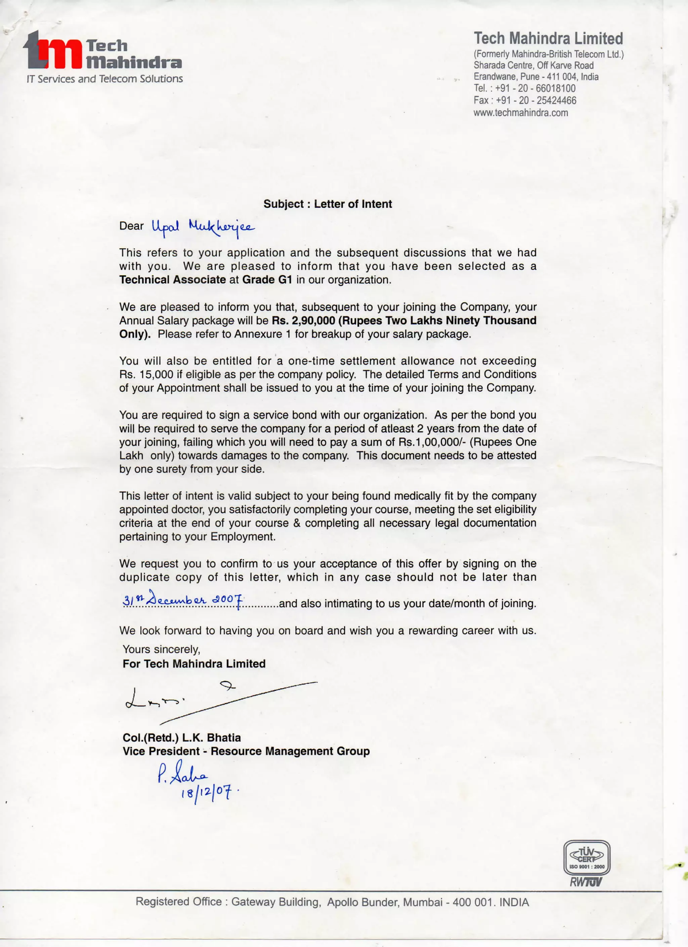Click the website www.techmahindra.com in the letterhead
[x=521, y=113]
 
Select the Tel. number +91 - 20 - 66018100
[x=535, y=88]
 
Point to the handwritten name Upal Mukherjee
[x=203, y=227]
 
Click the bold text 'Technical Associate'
[x=172, y=280]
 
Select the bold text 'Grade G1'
[x=267, y=280]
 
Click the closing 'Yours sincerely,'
[x=161, y=650]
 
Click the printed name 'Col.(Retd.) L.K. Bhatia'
[x=182, y=738]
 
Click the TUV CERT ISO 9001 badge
[x=587, y=858]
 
